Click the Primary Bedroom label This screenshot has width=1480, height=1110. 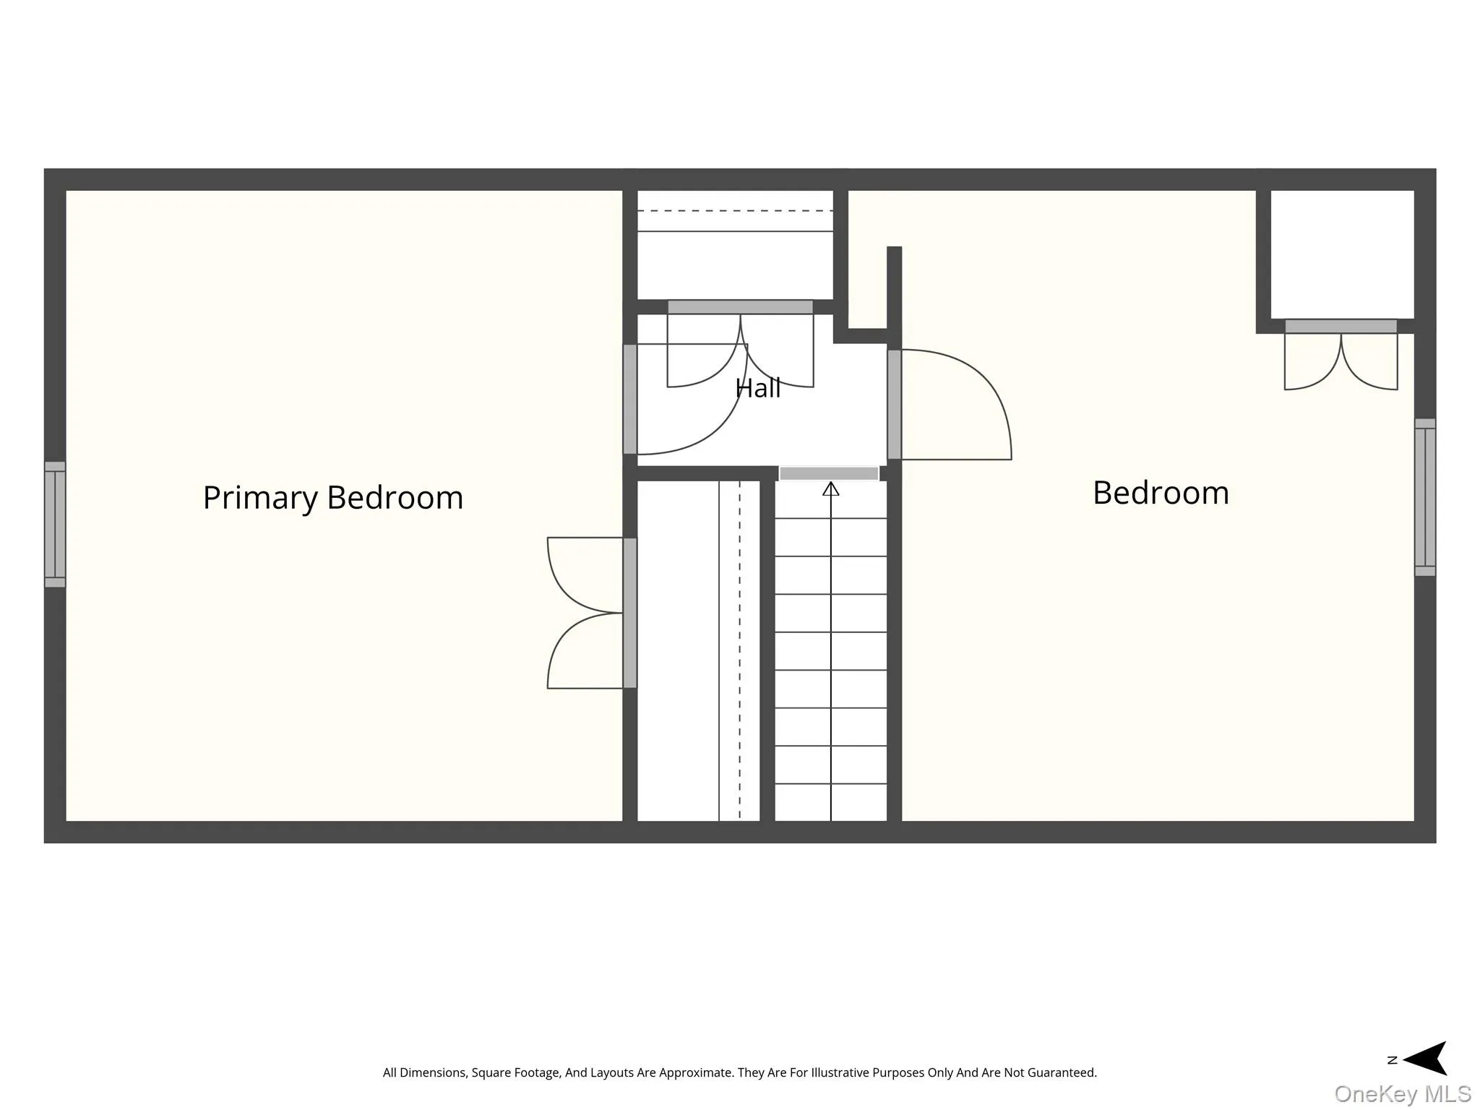click(332, 498)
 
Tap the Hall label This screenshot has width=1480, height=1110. click(758, 388)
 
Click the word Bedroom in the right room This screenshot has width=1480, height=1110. click(1161, 493)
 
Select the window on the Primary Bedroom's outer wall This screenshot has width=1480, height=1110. click(55, 524)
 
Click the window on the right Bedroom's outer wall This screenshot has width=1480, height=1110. click(1425, 497)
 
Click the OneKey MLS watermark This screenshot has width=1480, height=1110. click(1403, 1093)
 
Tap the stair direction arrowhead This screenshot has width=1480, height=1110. click(831, 489)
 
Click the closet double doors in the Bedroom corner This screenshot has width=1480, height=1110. click(1341, 356)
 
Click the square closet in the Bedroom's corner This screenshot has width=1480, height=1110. click(1342, 254)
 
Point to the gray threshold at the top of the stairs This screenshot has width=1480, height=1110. click(829, 473)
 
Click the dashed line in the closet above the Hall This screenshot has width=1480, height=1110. click(735, 211)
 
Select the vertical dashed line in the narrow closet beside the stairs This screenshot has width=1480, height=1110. click(739, 650)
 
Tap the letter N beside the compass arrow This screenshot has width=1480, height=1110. click(1392, 1060)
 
